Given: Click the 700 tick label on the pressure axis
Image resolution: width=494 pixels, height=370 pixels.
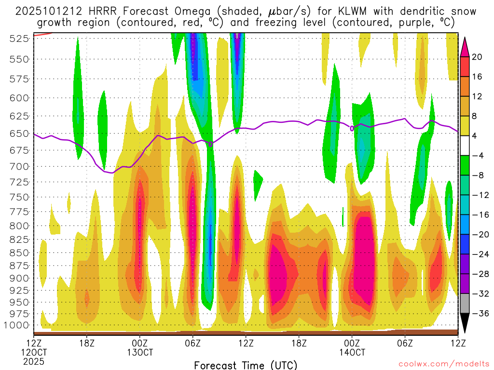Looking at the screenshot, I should coord(19,167).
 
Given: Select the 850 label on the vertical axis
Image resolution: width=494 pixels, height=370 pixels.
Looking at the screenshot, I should coord(19,252).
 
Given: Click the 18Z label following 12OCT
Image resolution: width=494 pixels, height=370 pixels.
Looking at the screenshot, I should coord(86,343).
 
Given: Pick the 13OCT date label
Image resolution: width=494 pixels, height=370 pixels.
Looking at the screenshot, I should coord(140,352).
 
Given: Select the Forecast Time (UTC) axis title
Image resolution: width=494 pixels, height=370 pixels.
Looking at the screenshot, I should coord(246,365).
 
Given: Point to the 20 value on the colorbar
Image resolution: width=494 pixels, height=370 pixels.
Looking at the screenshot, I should coord(477,57).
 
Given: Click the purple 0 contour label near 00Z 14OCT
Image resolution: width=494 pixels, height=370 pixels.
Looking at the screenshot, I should coord(352,128).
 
